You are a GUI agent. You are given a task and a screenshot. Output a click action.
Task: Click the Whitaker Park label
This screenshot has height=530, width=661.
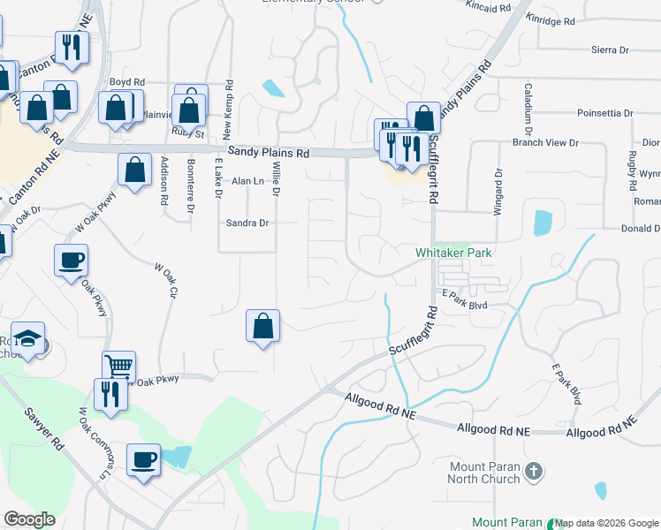point(453,253)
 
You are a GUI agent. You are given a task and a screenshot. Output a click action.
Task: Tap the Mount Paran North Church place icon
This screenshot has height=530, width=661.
point(532,472)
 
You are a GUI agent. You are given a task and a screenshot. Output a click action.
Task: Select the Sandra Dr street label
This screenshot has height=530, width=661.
point(247,223)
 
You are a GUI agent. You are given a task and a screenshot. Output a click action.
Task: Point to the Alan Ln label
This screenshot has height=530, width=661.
point(247,181)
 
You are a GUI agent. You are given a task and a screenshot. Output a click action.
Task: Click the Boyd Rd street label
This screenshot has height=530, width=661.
point(126,82)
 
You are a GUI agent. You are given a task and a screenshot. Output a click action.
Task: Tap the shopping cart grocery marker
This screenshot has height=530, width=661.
point(119,365)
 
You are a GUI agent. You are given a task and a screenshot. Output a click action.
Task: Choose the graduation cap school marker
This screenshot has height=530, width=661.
point(29,339)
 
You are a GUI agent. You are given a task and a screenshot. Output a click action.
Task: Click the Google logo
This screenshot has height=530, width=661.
point(29,519)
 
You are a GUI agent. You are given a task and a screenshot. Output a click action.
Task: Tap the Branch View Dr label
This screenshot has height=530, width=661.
point(545,142)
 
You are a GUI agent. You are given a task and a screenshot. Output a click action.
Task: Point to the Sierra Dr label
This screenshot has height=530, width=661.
point(610,50)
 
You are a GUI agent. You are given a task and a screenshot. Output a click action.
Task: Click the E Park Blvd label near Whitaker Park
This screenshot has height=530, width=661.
point(465,305)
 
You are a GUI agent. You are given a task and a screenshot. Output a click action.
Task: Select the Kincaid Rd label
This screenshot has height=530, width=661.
point(491,7)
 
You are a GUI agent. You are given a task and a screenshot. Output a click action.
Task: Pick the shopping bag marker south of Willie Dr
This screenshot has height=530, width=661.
point(262,326)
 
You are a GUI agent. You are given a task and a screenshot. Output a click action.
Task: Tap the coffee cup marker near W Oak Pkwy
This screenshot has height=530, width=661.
point(71,260)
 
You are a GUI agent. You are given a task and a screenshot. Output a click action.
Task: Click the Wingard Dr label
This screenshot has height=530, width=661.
point(497,190)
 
